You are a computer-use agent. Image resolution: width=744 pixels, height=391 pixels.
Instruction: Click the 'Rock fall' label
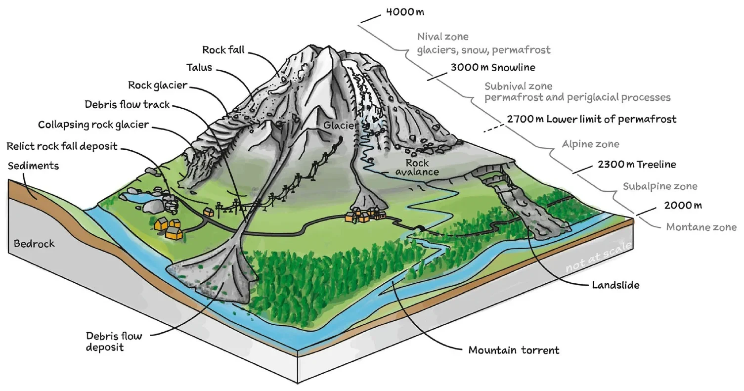click(225, 50)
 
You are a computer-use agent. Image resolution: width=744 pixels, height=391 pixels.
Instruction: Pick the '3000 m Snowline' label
click(486, 68)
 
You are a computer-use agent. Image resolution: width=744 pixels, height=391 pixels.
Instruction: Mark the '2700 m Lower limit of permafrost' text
click(591, 119)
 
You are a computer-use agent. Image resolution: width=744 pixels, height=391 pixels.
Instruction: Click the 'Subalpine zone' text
click(659, 186)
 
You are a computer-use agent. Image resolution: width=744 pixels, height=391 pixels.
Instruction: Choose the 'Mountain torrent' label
click(514, 350)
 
